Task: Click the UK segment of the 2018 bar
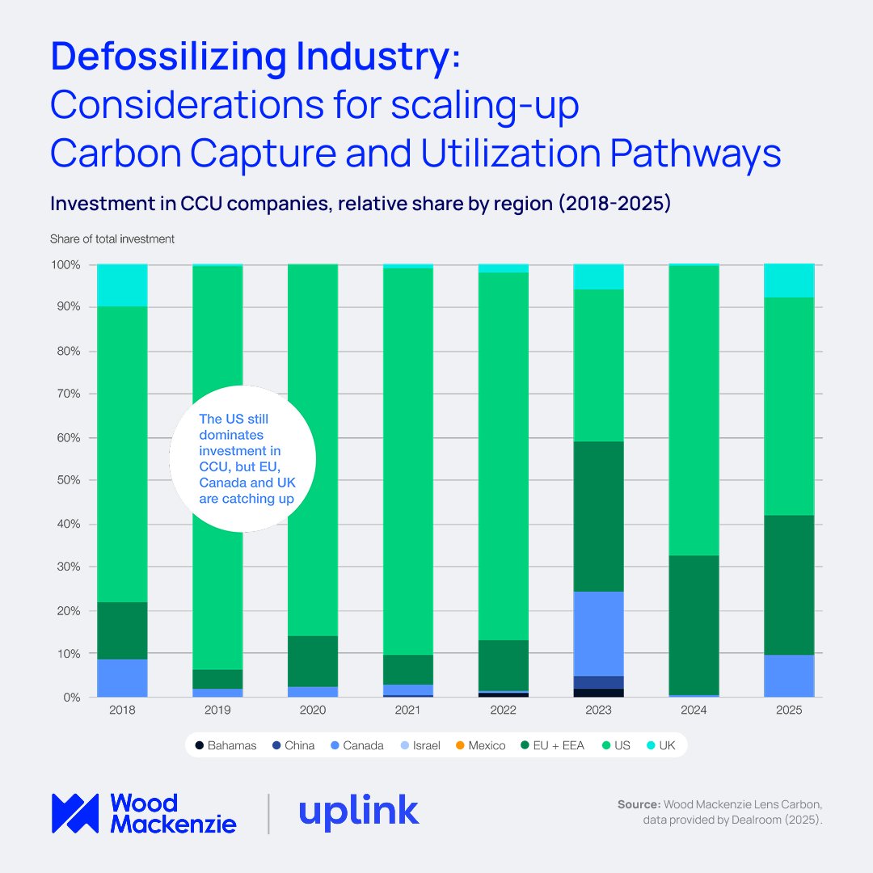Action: tap(122, 285)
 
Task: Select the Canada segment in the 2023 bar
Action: tap(599, 633)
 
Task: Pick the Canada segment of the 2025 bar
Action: tap(789, 675)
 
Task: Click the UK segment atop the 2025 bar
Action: tap(789, 280)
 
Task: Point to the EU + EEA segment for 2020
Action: tap(313, 660)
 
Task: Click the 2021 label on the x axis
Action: tap(408, 710)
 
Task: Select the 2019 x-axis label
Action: tap(217, 710)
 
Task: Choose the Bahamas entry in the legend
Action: tap(226, 745)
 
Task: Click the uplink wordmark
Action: tap(358, 812)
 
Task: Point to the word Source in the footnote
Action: tap(638, 804)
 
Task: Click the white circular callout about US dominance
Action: tap(242, 458)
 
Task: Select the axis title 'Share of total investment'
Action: tap(112, 238)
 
